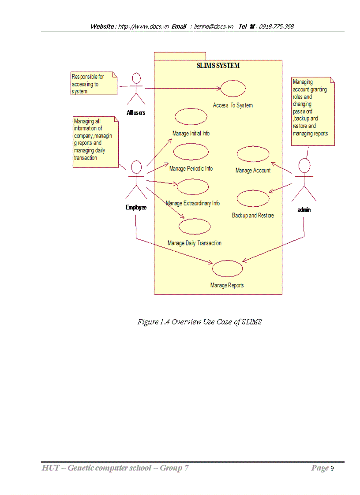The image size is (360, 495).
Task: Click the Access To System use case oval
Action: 232,89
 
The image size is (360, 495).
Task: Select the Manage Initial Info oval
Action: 191,116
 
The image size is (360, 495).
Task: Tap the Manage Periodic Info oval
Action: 191,152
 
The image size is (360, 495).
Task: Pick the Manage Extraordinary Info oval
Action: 193,186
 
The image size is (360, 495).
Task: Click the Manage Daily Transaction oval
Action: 194,226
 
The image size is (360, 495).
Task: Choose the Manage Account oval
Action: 253,154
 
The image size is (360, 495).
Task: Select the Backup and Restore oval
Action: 253,198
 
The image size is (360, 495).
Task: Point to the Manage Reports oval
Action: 227,268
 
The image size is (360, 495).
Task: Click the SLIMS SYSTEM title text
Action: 218,66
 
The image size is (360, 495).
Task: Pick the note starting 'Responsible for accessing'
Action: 93,84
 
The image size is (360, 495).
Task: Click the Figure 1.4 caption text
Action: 199,322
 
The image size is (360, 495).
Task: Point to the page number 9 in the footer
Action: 332,468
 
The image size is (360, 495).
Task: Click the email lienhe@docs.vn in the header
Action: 214,26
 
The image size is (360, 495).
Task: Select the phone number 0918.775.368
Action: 276,26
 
